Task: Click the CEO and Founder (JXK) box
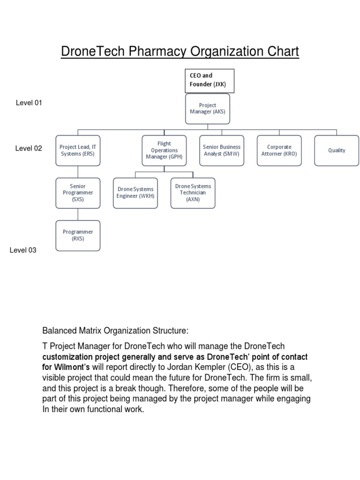[x=207, y=80]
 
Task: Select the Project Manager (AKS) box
[x=208, y=109]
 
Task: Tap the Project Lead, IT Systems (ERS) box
[x=78, y=150]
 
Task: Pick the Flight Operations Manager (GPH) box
[x=164, y=150]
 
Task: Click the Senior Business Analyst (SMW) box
[x=222, y=150]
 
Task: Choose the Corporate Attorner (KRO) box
[x=279, y=150]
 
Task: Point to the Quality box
[x=337, y=150]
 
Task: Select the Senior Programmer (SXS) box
[x=78, y=193]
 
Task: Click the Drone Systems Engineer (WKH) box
[x=135, y=193]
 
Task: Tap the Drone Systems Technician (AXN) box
[x=193, y=193]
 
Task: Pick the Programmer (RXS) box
[x=78, y=235]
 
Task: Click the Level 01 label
[x=29, y=103]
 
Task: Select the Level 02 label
[x=29, y=149]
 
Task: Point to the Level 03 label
[x=23, y=250]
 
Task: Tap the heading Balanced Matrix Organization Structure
[x=115, y=331]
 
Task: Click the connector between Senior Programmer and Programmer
[x=78, y=214]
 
